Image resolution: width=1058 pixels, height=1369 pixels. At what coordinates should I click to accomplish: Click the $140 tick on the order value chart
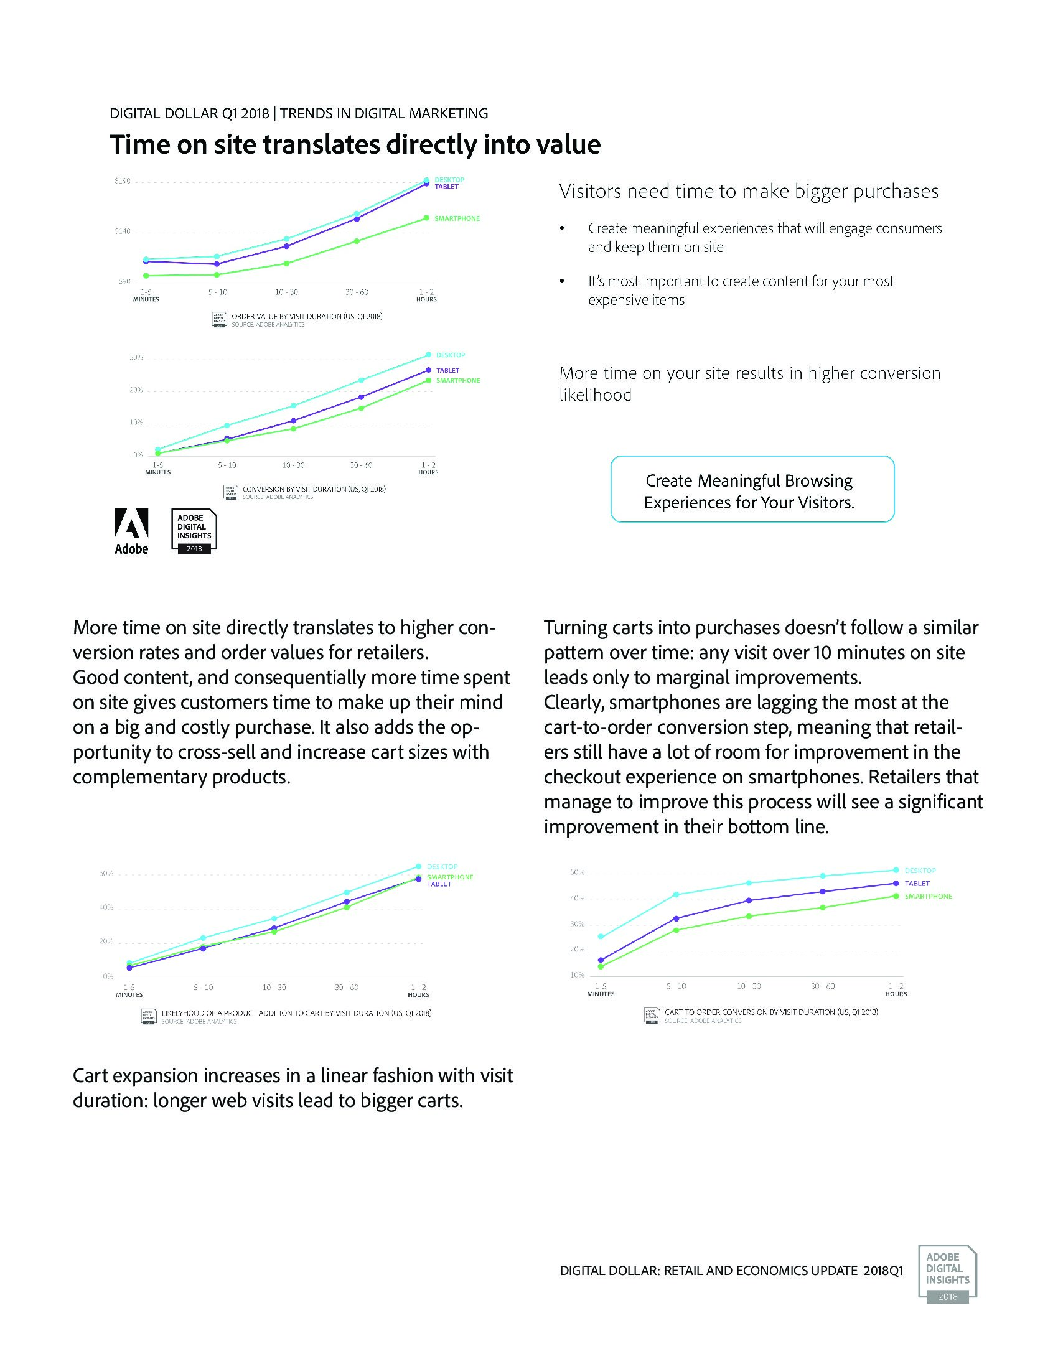(122, 232)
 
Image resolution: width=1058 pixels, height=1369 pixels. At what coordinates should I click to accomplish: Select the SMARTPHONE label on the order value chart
(457, 218)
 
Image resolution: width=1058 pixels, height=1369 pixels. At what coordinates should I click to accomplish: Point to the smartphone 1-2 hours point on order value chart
(426, 218)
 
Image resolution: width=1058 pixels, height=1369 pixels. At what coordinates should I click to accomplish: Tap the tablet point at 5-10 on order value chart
(217, 264)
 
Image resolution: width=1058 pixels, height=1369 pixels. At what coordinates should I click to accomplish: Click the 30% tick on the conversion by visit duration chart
(136, 357)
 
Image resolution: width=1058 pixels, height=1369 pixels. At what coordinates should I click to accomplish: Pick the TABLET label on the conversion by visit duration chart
(447, 370)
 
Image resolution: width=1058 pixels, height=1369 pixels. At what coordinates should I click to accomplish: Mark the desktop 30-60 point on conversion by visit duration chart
(361, 380)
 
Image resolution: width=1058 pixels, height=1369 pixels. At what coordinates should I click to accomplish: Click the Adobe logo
(131, 531)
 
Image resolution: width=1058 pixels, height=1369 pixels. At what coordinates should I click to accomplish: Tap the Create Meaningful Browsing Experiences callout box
(752, 489)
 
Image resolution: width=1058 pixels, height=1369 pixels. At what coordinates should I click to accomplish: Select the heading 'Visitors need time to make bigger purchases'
(748, 191)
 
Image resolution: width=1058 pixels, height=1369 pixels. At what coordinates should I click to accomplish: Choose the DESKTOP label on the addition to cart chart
(442, 867)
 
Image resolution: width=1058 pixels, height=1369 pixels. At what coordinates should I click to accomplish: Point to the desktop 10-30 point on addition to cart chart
(274, 918)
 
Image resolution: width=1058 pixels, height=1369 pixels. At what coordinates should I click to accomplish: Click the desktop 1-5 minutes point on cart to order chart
(601, 937)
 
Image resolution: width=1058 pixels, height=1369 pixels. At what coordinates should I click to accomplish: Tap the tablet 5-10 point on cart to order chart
(676, 918)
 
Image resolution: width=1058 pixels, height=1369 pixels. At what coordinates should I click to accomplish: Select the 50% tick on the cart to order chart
(578, 872)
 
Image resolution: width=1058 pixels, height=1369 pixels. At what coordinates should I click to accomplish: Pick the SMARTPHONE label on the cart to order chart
(929, 896)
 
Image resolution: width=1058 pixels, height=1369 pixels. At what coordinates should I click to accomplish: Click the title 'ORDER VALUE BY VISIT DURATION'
(307, 317)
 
